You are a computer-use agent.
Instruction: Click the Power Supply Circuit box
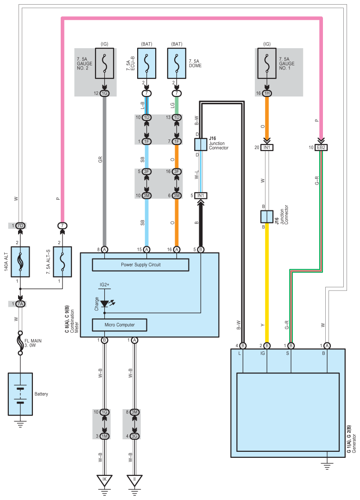141,265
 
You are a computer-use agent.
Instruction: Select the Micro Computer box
120,325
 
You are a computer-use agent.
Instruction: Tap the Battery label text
41,394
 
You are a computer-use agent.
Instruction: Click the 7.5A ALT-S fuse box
63,262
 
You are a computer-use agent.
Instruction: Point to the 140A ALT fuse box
20,262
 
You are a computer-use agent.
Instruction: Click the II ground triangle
134,481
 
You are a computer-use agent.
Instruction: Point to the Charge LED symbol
105,304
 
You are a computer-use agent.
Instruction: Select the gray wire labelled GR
104,176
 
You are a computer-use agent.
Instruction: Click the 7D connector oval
20,226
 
